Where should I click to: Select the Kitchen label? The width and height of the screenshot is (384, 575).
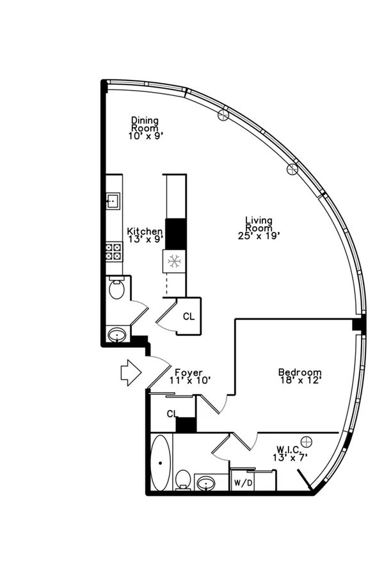coord(145,234)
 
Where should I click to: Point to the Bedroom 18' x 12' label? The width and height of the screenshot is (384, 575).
coord(300,376)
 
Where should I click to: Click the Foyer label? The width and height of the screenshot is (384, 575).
coord(189,376)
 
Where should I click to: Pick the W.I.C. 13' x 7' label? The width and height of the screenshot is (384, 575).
coord(289,453)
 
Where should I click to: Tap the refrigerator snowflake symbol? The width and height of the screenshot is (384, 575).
coord(173,261)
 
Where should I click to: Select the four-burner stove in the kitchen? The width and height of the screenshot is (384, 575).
coord(114,252)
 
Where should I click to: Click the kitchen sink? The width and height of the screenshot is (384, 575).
coord(113,201)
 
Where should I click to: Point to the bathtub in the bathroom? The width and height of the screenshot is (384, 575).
coord(161,463)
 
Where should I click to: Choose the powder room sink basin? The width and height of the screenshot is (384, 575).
coord(117,334)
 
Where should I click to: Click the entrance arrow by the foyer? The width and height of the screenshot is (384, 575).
coord(131,372)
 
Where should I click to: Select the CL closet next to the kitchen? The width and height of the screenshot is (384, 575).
coord(189,316)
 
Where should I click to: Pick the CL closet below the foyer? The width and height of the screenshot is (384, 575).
coord(172,413)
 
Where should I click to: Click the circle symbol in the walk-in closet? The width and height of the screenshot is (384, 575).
coord(307,442)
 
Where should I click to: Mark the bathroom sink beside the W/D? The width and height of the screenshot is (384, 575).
coord(207,484)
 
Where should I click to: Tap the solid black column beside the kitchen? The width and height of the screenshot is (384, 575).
coord(175,234)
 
